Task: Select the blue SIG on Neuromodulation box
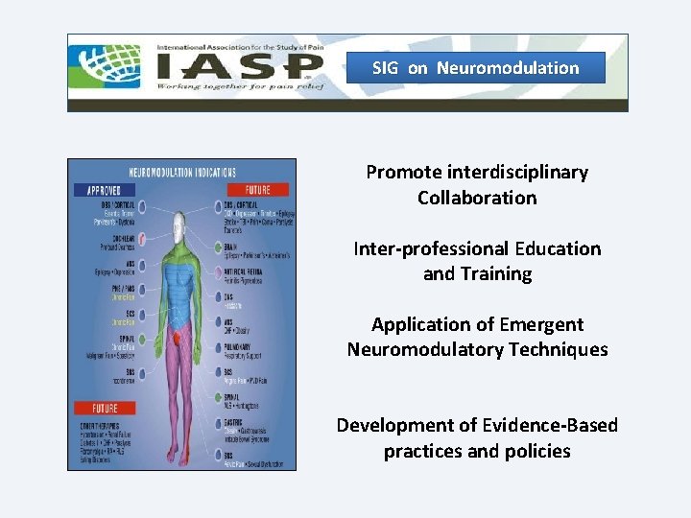[x=476, y=68]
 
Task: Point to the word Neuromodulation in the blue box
[x=508, y=68]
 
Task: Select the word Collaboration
[x=477, y=198]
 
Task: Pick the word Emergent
[x=539, y=324]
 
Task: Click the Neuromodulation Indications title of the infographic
[x=183, y=173]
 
